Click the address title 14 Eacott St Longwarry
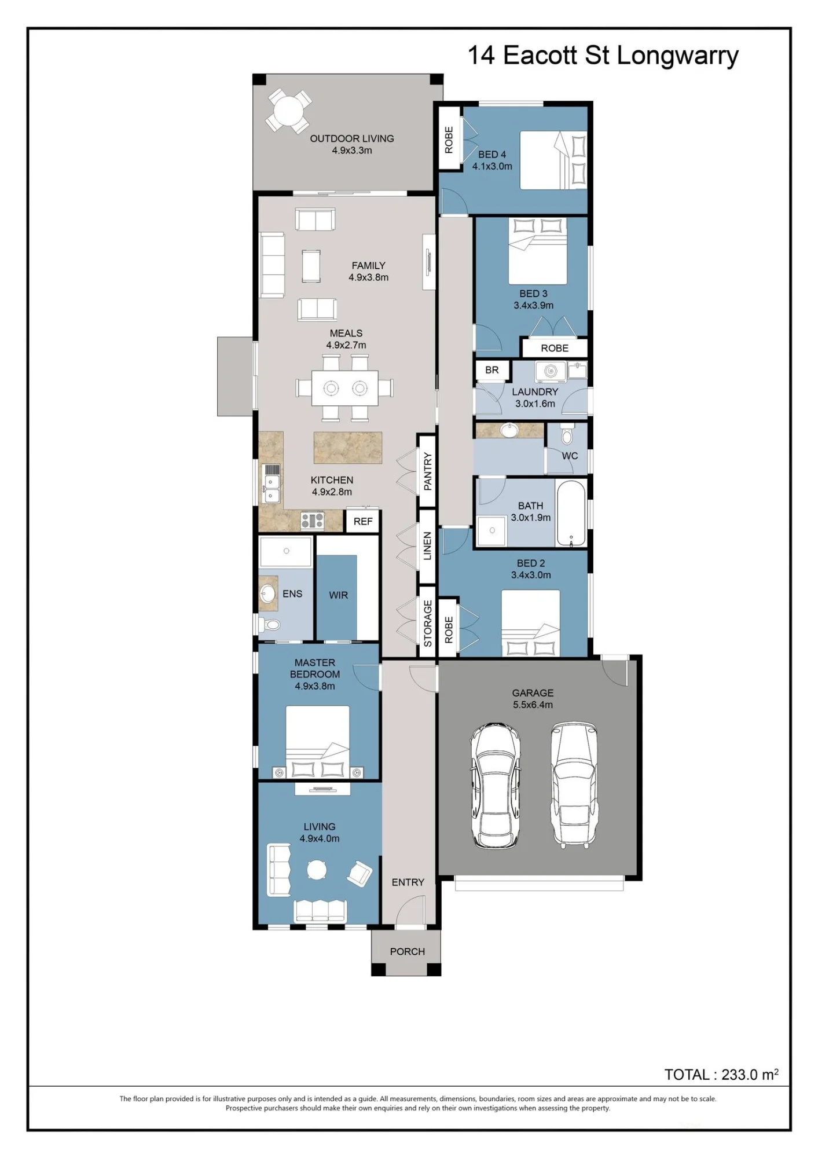tap(603, 56)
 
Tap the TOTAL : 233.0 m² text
tap(721, 1075)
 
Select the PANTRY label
tap(427, 472)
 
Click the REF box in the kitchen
tap(363, 521)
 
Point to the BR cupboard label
tap(492, 370)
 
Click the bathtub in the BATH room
tap(571, 513)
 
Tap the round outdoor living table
tap(288, 111)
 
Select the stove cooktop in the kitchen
tap(312, 521)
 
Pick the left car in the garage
tap(495, 786)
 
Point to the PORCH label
tap(407, 951)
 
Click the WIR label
tap(338, 595)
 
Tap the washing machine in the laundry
tap(550, 371)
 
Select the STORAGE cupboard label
tap(428, 624)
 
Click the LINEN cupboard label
tap(427, 546)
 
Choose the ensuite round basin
tap(267, 593)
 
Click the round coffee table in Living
tap(317, 870)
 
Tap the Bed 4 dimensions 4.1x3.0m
tap(492, 166)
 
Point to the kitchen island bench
tap(348, 448)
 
